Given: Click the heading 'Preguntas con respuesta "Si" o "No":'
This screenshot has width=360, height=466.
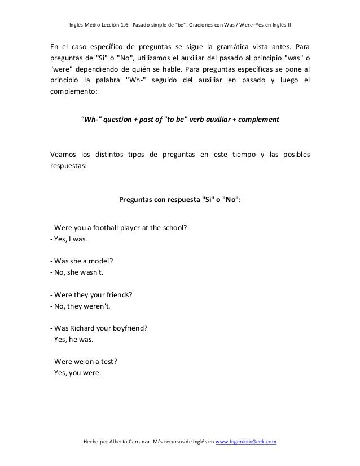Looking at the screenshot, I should point(179,198).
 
